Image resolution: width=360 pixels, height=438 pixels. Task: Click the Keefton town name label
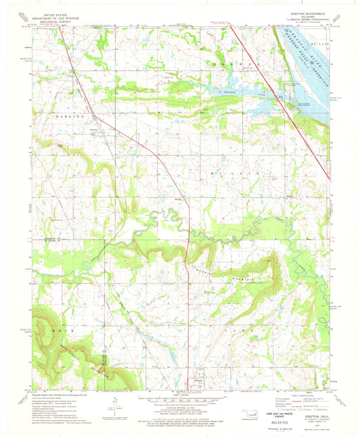[x=94, y=129]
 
